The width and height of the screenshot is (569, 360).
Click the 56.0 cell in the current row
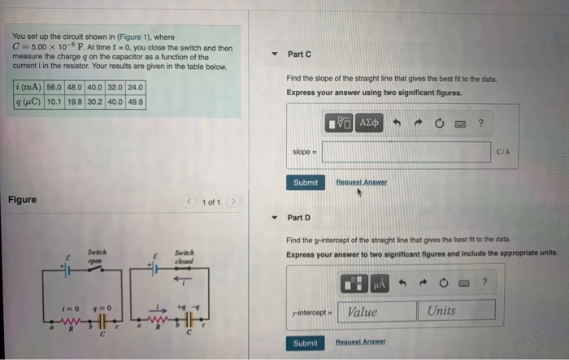[54, 87]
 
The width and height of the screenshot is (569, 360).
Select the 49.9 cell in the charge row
[136, 102]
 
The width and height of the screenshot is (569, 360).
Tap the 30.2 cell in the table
[95, 102]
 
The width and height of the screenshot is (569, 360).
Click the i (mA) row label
[29, 87]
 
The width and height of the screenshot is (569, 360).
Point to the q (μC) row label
[29, 102]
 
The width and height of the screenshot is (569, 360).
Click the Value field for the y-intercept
[379, 311]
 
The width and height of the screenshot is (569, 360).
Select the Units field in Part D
[458, 311]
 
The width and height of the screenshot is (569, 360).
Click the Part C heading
[299, 54]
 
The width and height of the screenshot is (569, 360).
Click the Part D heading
[299, 218]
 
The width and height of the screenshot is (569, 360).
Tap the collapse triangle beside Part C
[276, 54]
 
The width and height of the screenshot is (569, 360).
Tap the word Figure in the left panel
[22, 200]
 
